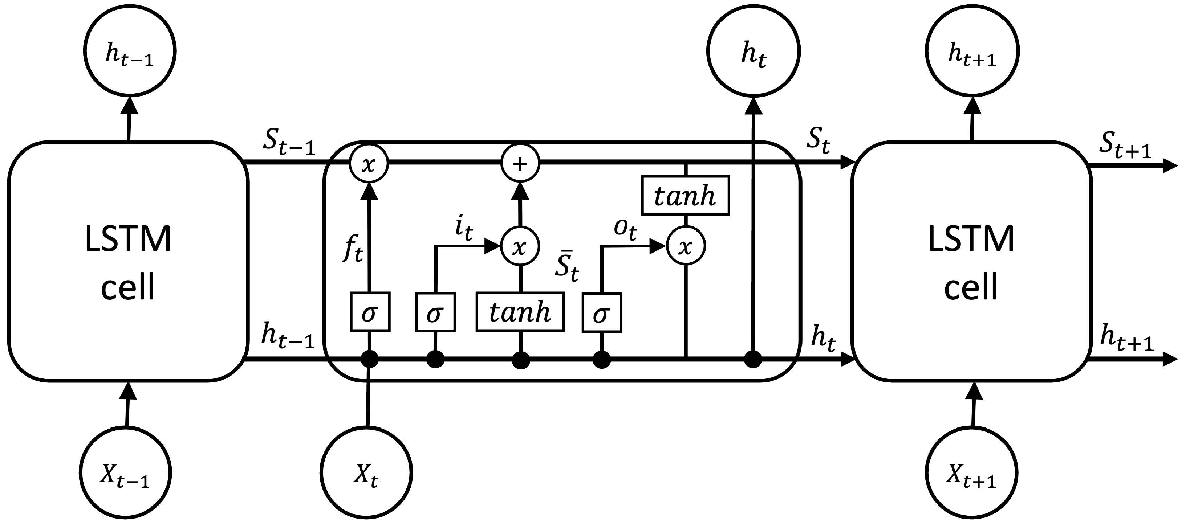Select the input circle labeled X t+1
pyautogui.click(x=972, y=472)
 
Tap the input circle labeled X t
pyautogui.click(x=366, y=472)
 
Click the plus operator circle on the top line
pyautogui.click(x=520, y=163)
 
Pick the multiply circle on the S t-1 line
pyautogui.click(x=369, y=163)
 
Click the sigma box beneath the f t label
pyautogui.click(x=370, y=312)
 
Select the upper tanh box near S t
pyautogui.click(x=685, y=196)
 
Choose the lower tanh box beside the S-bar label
pyautogui.click(x=520, y=312)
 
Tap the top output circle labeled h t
pyautogui.click(x=754, y=52)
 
